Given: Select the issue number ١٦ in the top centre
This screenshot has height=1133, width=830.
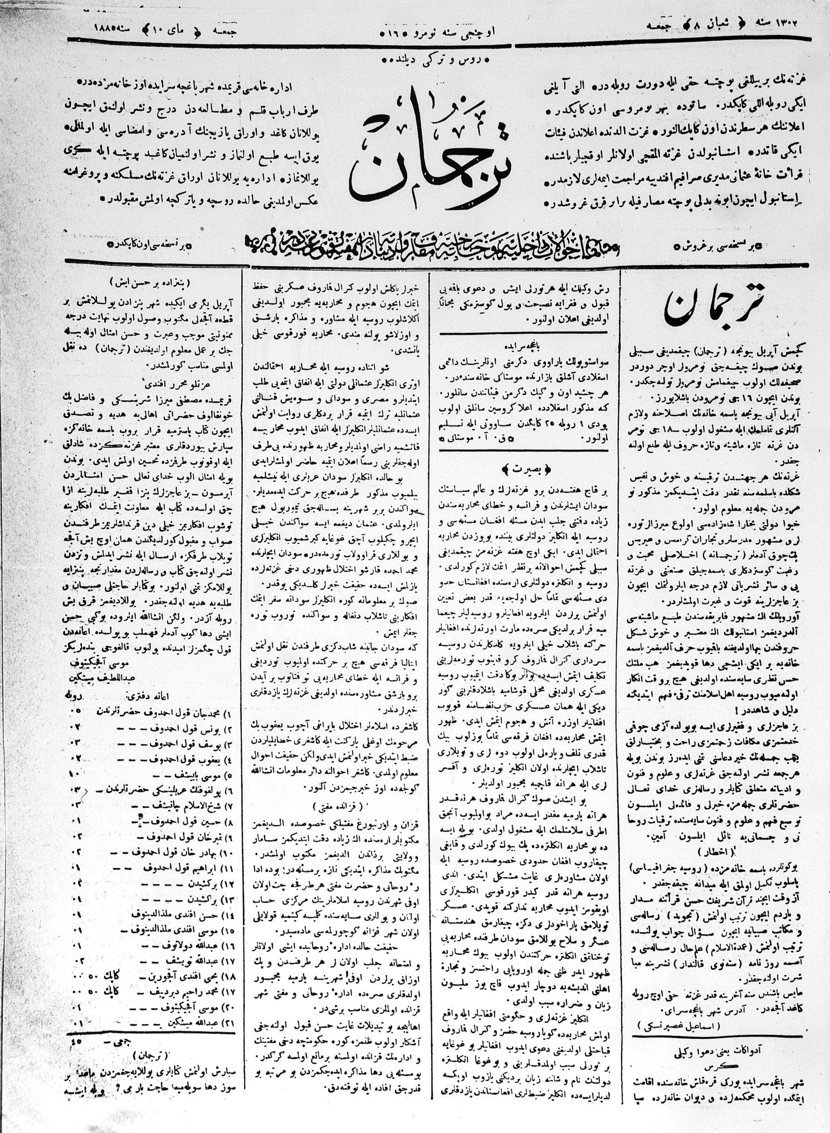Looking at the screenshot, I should (x=403, y=28).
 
